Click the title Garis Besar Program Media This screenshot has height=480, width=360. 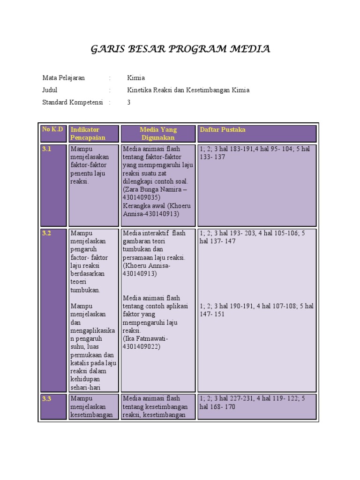pos(180,49)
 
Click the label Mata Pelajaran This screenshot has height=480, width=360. pos(63,78)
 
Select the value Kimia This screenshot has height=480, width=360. pos(136,78)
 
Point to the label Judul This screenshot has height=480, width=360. pos(50,90)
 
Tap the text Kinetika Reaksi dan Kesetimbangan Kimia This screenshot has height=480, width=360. pos(188,90)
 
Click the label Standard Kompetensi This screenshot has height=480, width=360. pos(72,102)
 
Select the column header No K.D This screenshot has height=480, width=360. pos(52,129)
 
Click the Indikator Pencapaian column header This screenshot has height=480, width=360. pos(88,134)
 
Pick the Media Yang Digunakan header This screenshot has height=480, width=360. pos(158,134)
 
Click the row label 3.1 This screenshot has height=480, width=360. pos(46,149)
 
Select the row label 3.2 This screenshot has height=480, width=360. pos(46,233)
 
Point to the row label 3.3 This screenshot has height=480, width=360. pos(46,399)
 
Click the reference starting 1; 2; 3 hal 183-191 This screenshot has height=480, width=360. pos(255,153)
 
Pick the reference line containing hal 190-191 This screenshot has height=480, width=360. pos(256,310)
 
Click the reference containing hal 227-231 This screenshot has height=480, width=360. pos(252,403)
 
